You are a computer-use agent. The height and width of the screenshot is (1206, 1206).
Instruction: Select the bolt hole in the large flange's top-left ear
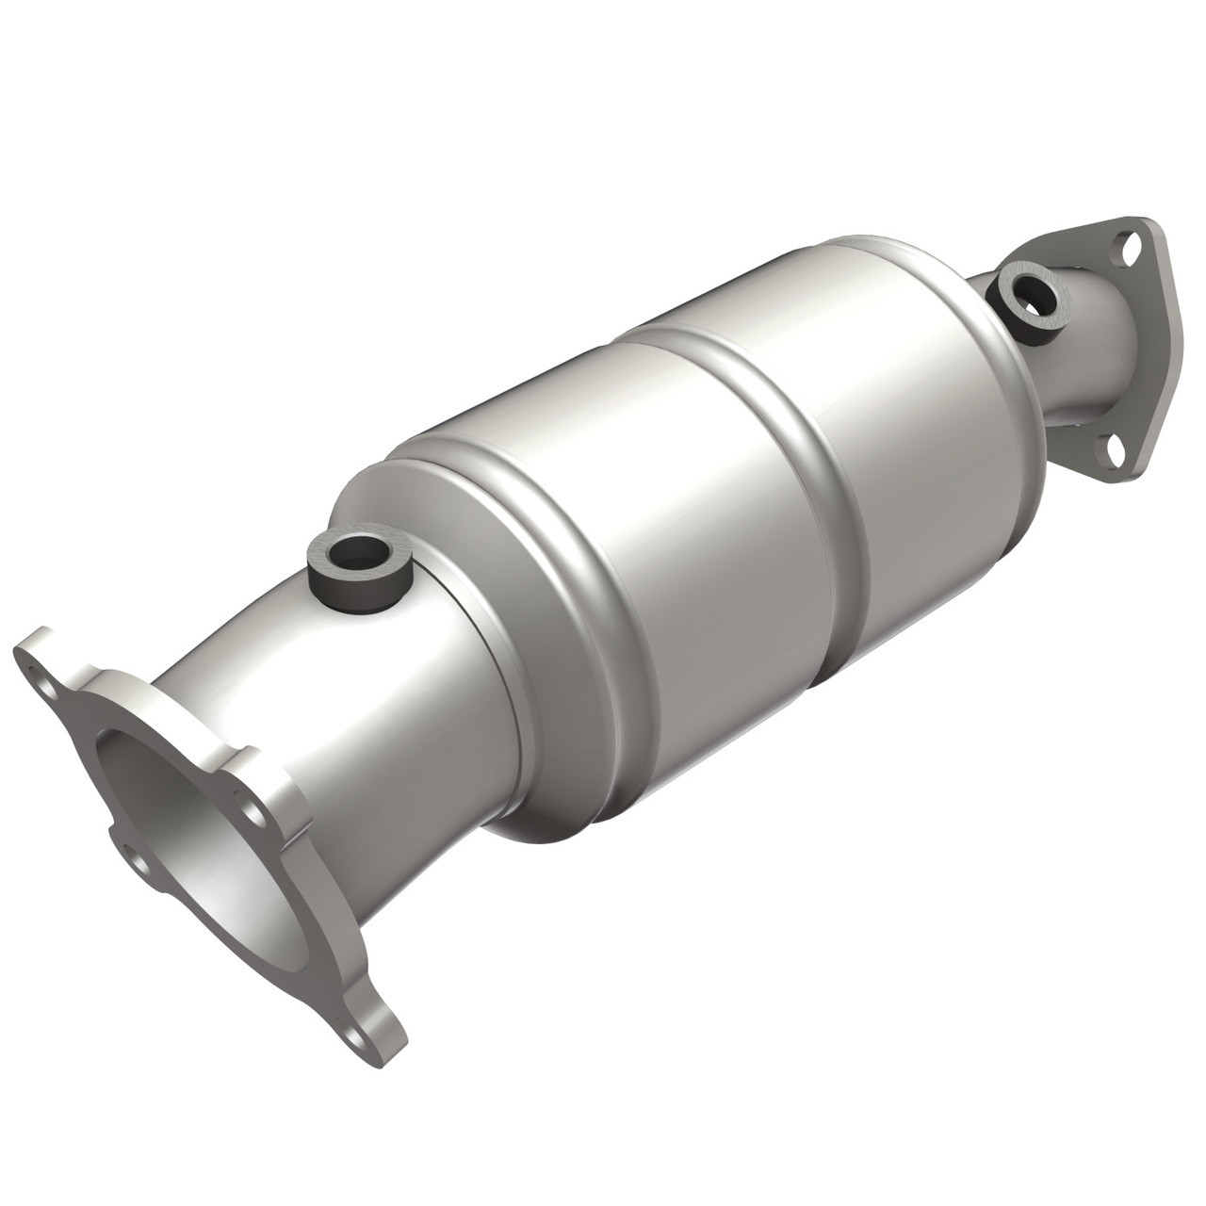38,673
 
